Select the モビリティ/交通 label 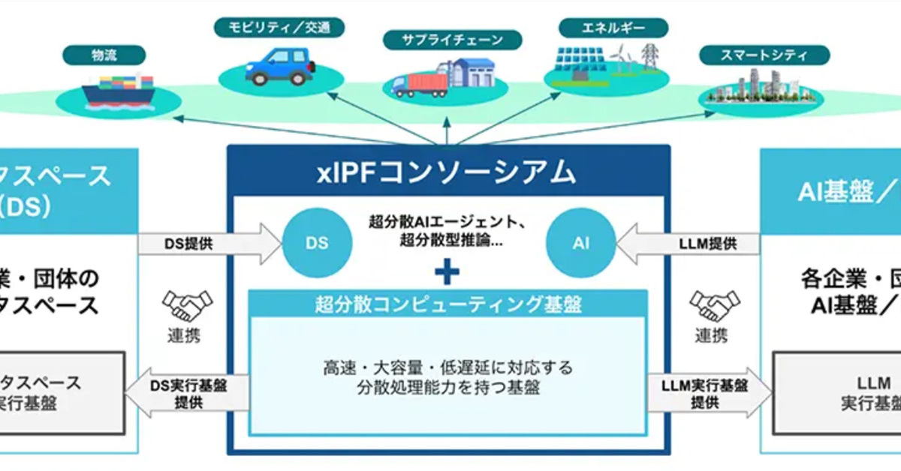coord(279,28)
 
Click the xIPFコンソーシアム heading coord(447,172)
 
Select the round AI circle coord(580,243)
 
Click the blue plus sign coord(447,271)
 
